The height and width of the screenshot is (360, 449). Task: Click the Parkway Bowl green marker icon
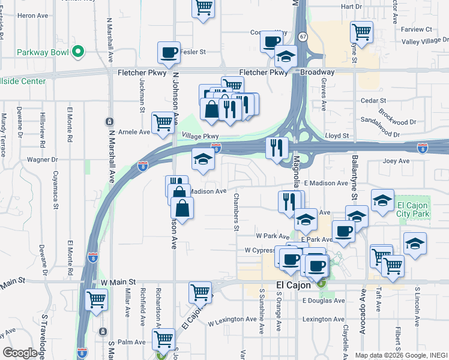[x=77, y=52]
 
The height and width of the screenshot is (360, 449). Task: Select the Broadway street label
[x=317, y=71]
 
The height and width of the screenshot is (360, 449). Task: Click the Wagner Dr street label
[x=42, y=160]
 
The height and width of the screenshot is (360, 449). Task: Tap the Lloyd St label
[x=337, y=136]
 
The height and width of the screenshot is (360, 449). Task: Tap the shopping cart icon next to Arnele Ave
[x=163, y=122]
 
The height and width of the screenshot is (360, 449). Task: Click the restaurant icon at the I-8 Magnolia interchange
[x=277, y=147]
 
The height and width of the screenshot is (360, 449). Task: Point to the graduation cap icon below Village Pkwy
[x=203, y=160]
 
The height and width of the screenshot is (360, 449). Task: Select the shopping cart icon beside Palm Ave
[x=163, y=339]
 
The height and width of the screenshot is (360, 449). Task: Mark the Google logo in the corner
[x=20, y=353]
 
